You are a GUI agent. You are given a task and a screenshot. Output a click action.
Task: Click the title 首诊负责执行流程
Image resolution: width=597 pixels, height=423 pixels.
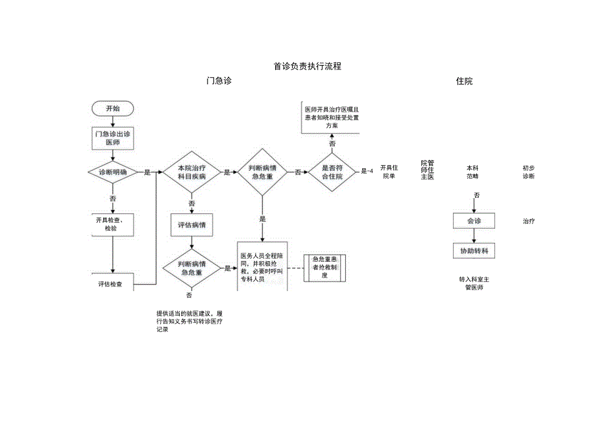click(x=307, y=66)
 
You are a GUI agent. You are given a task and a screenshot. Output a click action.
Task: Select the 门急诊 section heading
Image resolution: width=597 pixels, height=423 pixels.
click(x=219, y=81)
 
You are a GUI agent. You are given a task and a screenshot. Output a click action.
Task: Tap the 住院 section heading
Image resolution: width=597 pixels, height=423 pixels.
click(x=464, y=81)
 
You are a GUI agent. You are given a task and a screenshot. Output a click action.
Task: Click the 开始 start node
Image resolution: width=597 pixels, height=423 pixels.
click(x=113, y=108)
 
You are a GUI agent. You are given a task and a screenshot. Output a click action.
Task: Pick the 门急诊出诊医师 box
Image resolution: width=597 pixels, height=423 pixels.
click(x=113, y=138)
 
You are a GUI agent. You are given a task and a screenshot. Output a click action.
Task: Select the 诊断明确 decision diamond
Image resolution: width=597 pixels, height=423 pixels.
click(x=113, y=172)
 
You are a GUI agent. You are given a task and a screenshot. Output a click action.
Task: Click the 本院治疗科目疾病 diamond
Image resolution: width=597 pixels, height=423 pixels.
click(x=191, y=172)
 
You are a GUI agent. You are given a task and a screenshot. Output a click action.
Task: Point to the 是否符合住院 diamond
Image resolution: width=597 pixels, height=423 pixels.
click(x=332, y=172)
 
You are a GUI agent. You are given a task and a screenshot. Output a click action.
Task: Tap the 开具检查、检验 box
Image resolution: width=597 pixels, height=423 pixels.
click(x=113, y=224)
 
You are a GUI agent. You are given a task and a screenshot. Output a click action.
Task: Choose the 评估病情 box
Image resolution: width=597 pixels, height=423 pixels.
click(x=191, y=226)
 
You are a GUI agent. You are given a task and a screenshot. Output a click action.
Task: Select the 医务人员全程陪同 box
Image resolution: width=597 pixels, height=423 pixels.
click(x=262, y=267)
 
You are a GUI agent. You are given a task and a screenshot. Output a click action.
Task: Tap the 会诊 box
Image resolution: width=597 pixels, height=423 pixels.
click(x=474, y=222)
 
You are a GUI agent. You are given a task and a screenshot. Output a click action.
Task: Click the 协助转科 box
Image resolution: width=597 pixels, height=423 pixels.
click(x=474, y=251)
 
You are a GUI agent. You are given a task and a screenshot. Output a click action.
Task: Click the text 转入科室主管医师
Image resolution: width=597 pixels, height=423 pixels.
click(x=474, y=283)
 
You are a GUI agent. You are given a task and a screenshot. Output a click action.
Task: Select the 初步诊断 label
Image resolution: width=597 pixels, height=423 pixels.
click(x=529, y=172)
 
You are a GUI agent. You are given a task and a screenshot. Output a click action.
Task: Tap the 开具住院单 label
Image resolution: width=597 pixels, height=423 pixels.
click(x=389, y=172)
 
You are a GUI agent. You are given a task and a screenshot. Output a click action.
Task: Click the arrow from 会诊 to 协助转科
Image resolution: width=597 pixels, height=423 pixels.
click(x=474, y=237)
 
